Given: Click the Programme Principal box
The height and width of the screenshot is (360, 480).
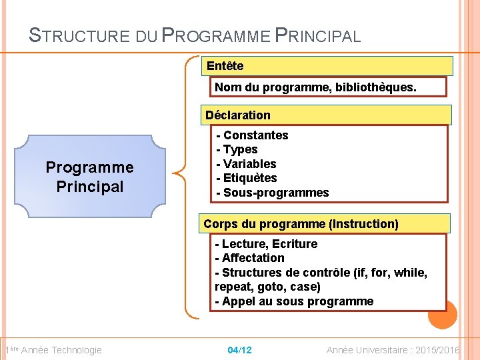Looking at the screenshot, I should [x=89, y=177].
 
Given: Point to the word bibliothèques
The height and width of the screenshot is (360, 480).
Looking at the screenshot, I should [x=380, y=87].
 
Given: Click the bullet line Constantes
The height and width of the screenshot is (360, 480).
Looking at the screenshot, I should [x=253, y=135].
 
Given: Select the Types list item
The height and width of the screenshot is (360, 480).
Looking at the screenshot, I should [x=237, y=149].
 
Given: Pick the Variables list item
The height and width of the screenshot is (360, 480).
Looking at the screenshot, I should [x=246, y=164].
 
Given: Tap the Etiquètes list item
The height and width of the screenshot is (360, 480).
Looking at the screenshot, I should [x=247, y=178].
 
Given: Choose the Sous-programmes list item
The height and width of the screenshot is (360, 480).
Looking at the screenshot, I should [x=273, y=193].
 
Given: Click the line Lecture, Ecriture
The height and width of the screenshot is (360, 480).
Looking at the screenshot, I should [x=266, y=244].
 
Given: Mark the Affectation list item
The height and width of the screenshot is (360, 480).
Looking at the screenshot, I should [x=250, y=258].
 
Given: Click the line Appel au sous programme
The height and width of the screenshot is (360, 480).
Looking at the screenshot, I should [x=294, y=301].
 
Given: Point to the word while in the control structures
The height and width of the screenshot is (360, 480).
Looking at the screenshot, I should [x=410, y=273].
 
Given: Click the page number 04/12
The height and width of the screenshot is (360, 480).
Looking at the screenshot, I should [x=239, y=350].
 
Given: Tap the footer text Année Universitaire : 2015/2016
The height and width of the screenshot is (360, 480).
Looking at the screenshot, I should [x=393, y=350].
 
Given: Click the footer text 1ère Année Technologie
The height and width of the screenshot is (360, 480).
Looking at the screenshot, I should [x=53, y=350].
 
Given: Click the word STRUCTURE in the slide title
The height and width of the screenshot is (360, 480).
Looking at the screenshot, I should [x=79, y=36].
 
